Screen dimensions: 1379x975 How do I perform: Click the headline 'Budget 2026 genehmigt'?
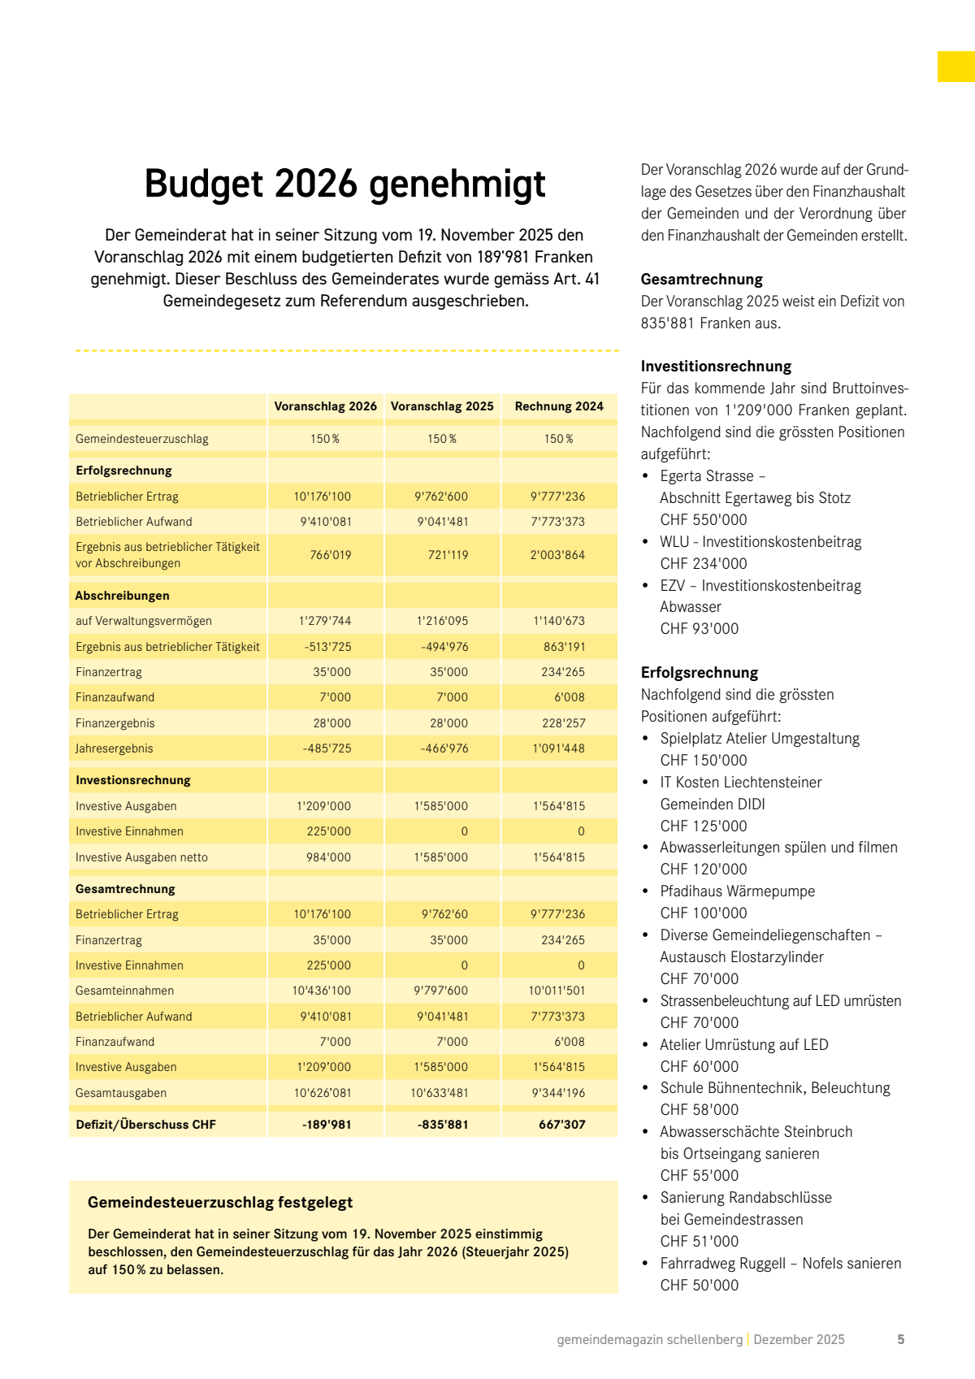point(344,184)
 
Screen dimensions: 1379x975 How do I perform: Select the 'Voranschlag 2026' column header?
point(325,406)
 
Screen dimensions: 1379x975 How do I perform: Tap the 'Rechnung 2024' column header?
point(559,406)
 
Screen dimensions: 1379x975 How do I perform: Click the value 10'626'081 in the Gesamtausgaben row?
point(323,1093)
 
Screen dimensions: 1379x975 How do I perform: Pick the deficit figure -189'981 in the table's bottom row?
point(327,1125)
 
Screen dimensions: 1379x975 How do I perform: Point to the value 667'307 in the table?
point(561,1125)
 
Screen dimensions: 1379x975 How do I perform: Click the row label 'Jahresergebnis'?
point(115,748)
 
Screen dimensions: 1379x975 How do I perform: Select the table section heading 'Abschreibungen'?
point(123,596)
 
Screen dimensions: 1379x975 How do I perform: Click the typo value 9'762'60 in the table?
point(444,914)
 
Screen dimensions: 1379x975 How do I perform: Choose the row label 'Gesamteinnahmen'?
point(124,991)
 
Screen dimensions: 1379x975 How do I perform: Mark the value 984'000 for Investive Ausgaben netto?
point(328,857)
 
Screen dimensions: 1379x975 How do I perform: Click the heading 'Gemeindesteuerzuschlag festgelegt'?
point(220,1203)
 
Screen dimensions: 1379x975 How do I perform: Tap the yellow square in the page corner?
point(956,67)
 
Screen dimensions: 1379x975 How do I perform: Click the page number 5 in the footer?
point(900,1340)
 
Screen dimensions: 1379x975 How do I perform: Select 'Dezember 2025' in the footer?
point(799,1340)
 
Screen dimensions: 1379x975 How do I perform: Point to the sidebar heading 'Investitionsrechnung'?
point(716,366)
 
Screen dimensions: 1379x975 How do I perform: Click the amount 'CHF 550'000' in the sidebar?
point(704,520)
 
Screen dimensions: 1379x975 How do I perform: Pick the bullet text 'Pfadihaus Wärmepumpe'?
point(737,891)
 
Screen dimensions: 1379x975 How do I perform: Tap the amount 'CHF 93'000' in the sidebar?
point(700,629)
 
